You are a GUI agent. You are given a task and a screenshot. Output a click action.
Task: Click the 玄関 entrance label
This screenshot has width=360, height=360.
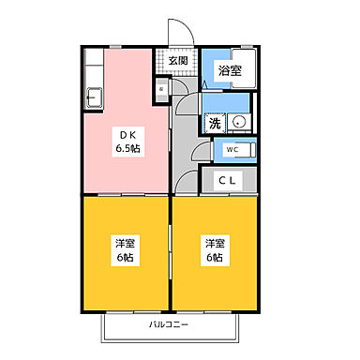coord(178,61)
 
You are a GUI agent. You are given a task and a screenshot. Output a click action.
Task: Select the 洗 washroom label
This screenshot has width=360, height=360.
coord(215,122)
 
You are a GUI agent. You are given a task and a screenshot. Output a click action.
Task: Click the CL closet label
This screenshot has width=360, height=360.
coord(228,179)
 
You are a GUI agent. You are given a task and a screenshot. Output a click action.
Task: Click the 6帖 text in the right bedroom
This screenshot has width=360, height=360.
coord(214,258)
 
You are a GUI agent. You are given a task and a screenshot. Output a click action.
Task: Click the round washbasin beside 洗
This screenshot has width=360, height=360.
coord(238,122)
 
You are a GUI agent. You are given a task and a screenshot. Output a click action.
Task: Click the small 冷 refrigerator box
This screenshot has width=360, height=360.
coord(160,90)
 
